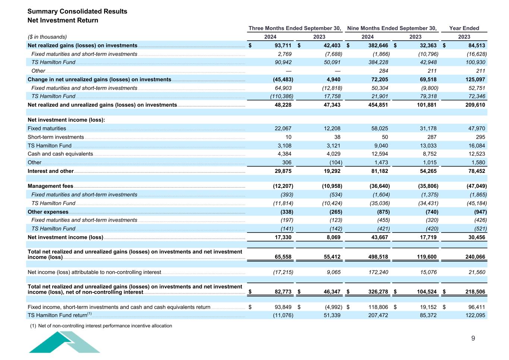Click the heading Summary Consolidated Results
[x=77, y=11]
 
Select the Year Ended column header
[x=464, y=28]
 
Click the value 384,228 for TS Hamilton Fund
[x=378, y=62]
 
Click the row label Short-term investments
[x=56, y=137]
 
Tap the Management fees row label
[x=50, y=186]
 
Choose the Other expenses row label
[x=48, y=212]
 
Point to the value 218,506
[x=474, y=292]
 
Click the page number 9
[x=473, y=338]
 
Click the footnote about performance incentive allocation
[x=101, y=326]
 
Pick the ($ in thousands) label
[x=47, y=37]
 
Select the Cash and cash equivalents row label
[x=60, y=154]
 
